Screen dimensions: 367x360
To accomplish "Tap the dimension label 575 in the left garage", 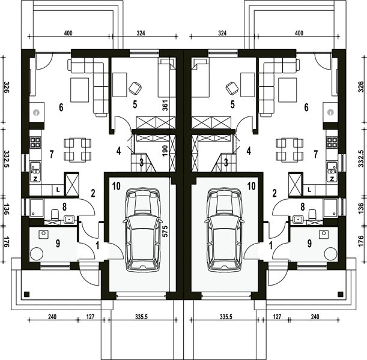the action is [x=165, y=232].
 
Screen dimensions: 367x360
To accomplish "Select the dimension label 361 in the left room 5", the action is [x=165, y=106].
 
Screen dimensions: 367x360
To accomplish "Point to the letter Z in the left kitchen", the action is [x=35, y=179].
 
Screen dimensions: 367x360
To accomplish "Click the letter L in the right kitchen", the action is [x=309, y=190].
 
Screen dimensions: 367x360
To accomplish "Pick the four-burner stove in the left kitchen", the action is [x=35, y=143].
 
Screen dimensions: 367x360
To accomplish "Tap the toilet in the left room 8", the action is [x=55, y=214].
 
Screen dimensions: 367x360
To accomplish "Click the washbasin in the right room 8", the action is [x=298, y=220].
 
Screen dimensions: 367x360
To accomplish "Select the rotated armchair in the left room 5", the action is [x=135, y=88].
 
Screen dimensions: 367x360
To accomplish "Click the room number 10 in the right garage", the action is [x=251, y=186].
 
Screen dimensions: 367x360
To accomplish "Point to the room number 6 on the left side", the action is [x=61, y=107].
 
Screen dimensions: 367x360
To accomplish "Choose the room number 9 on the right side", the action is [x=309, y=244].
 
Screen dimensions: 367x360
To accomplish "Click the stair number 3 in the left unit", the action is [x=141, y=163].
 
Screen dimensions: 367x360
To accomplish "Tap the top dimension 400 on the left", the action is [x=68, y=33].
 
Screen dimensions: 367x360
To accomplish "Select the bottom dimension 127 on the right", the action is [x=277, y=317].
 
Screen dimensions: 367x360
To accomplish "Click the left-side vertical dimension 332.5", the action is [x=7, y=159].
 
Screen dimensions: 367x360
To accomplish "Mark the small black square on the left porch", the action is [x=27, y=294].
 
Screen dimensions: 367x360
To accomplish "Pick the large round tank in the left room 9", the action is [x=37, y=254].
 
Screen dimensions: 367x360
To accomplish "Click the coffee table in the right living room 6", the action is [x=287, y=90].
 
